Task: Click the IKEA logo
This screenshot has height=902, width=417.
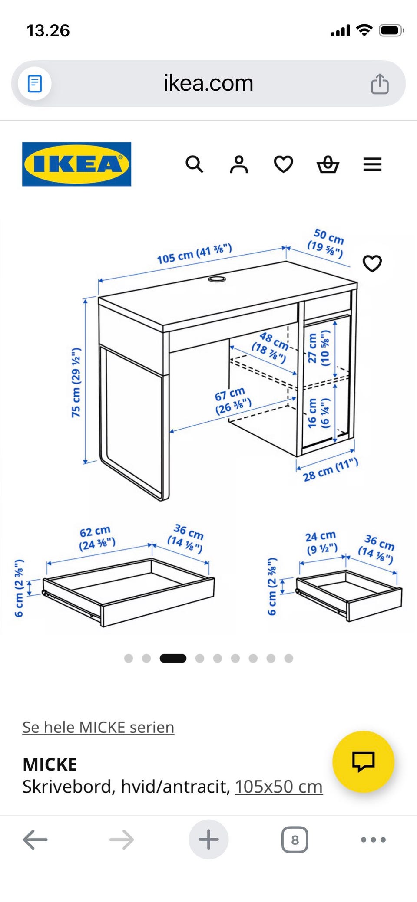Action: click(x=76, y=164)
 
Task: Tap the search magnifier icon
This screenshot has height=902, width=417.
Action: click(x=194, y=164)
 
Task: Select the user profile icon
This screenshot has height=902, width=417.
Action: click(x=239, y=164)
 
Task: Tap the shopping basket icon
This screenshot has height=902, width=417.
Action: click(x=328, y=164)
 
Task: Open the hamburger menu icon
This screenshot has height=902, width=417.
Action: click(x=372, y=164)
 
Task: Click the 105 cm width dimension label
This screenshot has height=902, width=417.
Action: click(x=194, y=254)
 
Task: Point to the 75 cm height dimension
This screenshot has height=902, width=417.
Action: click(x=76, y=382)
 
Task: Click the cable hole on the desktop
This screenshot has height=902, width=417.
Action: click(x=217, y=279)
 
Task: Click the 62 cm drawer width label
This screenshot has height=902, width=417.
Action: click(x=96, y=538)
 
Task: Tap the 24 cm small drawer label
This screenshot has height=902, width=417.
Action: click(x=321, y=543)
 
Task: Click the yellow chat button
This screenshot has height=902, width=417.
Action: click(x=363, y=761)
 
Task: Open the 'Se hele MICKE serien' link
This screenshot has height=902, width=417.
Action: click(x=98, y=727)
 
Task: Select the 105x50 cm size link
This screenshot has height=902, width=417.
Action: click(x=279, y=787)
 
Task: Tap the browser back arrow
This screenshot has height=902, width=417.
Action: click(x=35, y=840)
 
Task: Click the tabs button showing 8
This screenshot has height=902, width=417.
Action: click(x=295, y=840)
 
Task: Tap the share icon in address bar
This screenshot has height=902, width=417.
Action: click(x=380, y=84)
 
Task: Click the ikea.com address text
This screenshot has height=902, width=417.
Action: click(x=208, y=83)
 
